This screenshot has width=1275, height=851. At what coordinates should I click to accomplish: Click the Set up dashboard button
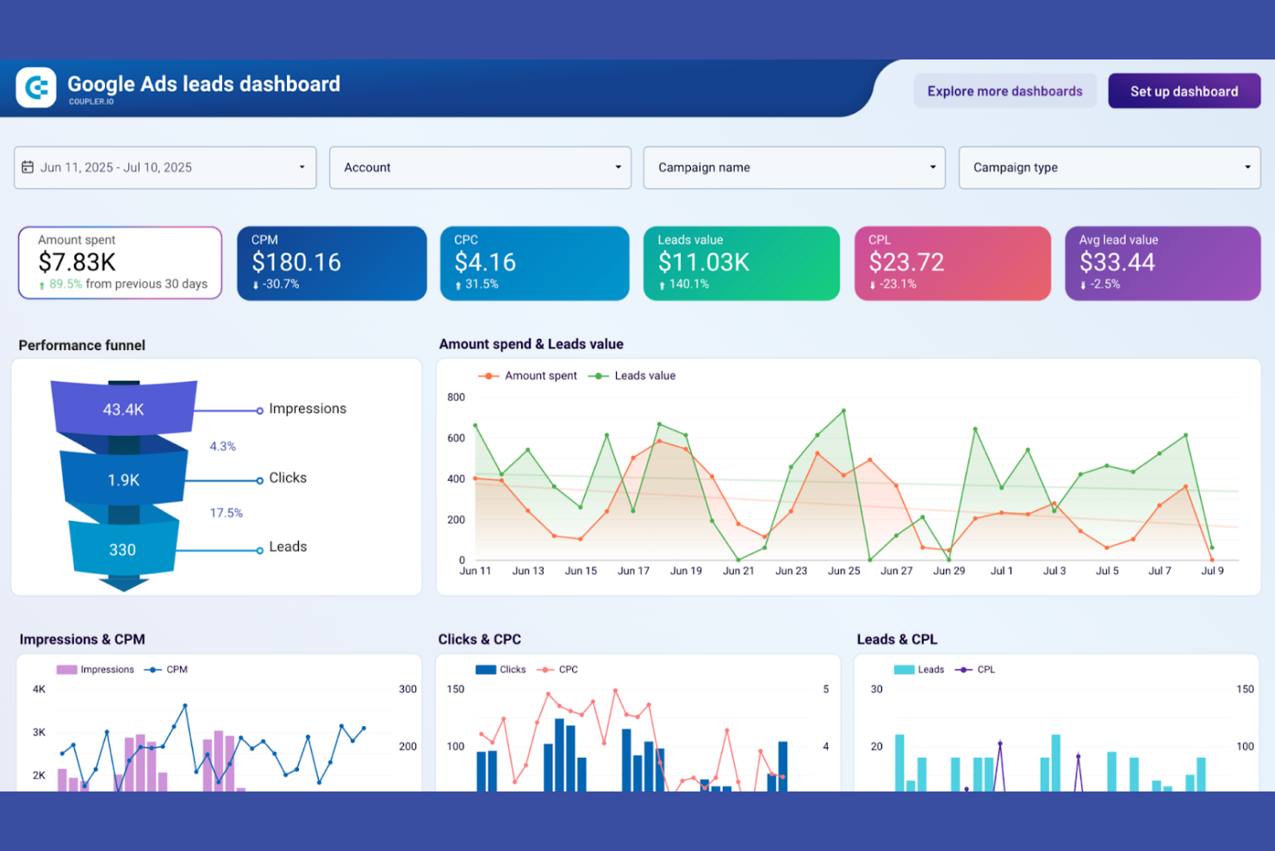[x=1184, y=91]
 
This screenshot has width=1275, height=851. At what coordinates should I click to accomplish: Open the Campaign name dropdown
[x=793, y=167]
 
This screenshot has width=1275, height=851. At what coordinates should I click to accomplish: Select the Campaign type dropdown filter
[x=1109, y=167]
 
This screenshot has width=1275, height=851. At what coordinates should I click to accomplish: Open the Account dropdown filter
[x=480, y=167]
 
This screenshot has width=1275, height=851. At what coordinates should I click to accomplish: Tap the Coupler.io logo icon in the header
[x=36, y=88]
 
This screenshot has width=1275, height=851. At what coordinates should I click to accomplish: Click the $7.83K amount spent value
[x=78, y=262]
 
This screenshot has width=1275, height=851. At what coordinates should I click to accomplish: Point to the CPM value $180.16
[x=296, y=262]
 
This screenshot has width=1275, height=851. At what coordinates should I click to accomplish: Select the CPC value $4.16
[x=485, y=262]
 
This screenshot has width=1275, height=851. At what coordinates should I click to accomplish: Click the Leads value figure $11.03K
[x=704, y=262]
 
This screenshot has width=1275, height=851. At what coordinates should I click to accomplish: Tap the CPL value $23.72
[x=906, y=262]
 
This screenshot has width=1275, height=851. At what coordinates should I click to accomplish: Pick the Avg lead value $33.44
[x=1117, y=262]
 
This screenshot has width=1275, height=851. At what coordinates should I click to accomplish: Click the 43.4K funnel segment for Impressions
[x=123, y=410]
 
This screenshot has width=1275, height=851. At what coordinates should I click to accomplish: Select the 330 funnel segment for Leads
[x=122, y=550]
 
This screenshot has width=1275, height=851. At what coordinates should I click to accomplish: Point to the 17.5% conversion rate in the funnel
[x=227, y=513]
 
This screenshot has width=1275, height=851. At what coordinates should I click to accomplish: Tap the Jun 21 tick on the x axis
[x=738, y=571]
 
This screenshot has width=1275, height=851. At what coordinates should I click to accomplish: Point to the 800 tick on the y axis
[x=456, y=397]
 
